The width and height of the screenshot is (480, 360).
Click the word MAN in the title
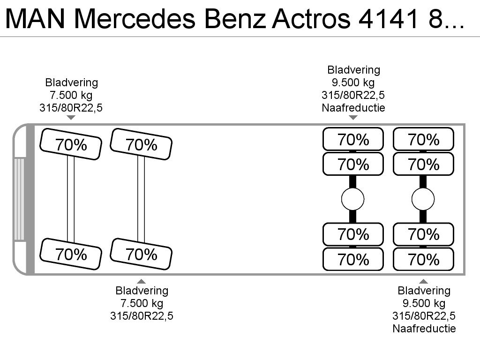[35, 19]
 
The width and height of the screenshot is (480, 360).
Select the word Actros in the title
[311, 19]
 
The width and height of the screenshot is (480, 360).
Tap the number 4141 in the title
[388, 19]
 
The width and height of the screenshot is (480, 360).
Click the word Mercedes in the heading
[135, 19]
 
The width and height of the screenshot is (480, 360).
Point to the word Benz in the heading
[234, 19]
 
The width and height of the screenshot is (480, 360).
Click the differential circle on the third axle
[352, 199]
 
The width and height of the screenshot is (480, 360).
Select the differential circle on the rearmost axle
[423, 199]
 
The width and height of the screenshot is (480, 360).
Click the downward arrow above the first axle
[71, 118]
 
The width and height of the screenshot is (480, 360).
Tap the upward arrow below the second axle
[141, 281]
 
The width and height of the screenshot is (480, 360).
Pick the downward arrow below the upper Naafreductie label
[353, 118]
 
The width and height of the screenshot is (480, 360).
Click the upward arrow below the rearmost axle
[423, 281]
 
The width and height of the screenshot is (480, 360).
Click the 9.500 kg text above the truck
[353, 82]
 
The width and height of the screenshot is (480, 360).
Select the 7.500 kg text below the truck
[142, 303]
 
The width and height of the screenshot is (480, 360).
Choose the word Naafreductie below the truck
[424, 329]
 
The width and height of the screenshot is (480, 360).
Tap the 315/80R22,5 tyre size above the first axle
[71, 108]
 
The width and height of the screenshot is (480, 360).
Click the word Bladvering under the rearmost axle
[424, 291]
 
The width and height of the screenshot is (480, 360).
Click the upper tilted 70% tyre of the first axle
[71, 144]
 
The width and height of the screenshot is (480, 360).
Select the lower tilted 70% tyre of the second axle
[141, 254]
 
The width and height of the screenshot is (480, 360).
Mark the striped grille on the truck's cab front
[19, 199]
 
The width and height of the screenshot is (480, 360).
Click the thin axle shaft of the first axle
[71, 199]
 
